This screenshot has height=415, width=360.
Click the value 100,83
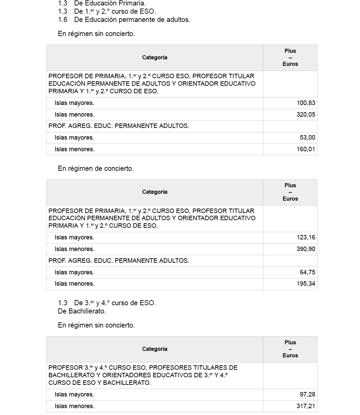click(x=306, y=103)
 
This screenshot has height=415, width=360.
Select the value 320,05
click(x=306, y=115)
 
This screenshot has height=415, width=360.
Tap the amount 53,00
click(x=307, y=138)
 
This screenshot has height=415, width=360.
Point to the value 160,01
click(x=306, y=150)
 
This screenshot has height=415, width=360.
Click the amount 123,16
click(x=306, y=238)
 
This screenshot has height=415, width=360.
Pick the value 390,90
click(x=306, y=249)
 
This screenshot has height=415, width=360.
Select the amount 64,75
click(x=307, y=273)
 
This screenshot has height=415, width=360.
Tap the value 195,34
click(x=306, y=284)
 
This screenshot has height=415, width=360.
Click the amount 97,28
click(x=307, y=395)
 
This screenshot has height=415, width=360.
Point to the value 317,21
click(x=306, y=406)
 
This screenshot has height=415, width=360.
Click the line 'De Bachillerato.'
click(x=82, y=311)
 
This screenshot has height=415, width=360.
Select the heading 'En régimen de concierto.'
click(x=96, y=169)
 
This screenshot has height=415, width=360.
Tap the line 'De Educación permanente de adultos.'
click(x=132, y=20)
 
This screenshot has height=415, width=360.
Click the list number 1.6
click(x=63, y=20)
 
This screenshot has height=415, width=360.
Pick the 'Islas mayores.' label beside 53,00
click(x=74, y=138)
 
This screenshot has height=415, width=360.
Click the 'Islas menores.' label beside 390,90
click(x=74, y=249)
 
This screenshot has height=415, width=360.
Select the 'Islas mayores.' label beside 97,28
click(x=74, y=395)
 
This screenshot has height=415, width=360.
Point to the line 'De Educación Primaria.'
click(x=110, y=3)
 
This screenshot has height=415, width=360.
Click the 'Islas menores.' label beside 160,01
click(x=74, y=150)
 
